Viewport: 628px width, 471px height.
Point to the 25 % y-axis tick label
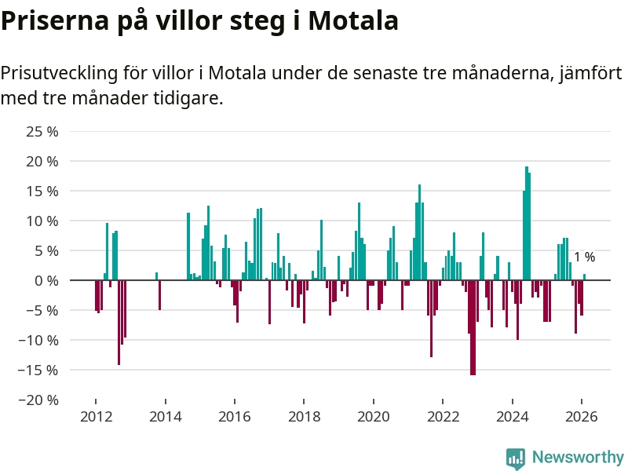point(42,131)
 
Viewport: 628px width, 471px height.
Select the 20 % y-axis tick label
point(42,161)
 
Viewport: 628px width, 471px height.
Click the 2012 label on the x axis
point(95,417)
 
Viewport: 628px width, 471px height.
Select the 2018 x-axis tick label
point(304,417)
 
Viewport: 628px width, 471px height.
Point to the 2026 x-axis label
point(582,417)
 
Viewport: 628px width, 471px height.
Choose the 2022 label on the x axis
point(443,417)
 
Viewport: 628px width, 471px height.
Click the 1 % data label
point(584,257)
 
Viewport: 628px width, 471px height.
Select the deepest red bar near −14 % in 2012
point(119,322)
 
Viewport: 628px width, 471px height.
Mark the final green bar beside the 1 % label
point(585,277)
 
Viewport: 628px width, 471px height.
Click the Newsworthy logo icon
point(516,458)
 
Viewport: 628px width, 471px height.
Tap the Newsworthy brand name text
point(578,458)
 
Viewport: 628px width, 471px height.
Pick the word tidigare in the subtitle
point(189,99)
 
